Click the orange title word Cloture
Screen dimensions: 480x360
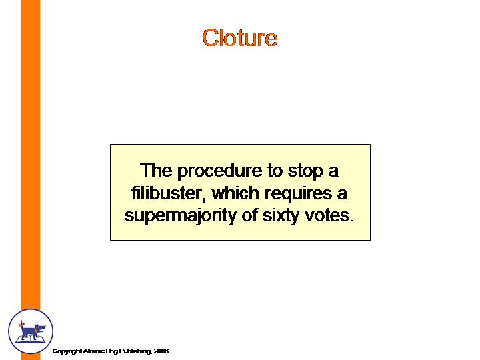tap(240, 37)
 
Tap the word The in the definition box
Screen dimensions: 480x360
tap(156, 170)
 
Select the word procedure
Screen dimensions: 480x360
tap(219, 171)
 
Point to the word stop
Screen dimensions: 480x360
tap(305, 171)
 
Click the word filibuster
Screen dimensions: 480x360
tap(167, 193)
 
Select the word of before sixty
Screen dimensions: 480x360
tap(250, 215)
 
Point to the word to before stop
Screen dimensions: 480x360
tap(275, 171)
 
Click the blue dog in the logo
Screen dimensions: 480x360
tap(32, 330)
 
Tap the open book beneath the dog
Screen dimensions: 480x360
tap(30, 338)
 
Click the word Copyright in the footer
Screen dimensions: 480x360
tap(66, 351)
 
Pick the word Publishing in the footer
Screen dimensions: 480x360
tap(135, 351)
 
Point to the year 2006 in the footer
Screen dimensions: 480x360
tap(161, 351)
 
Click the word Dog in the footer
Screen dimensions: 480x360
tap(111, 351)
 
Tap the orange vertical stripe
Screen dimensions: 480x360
tap(31, 153)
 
